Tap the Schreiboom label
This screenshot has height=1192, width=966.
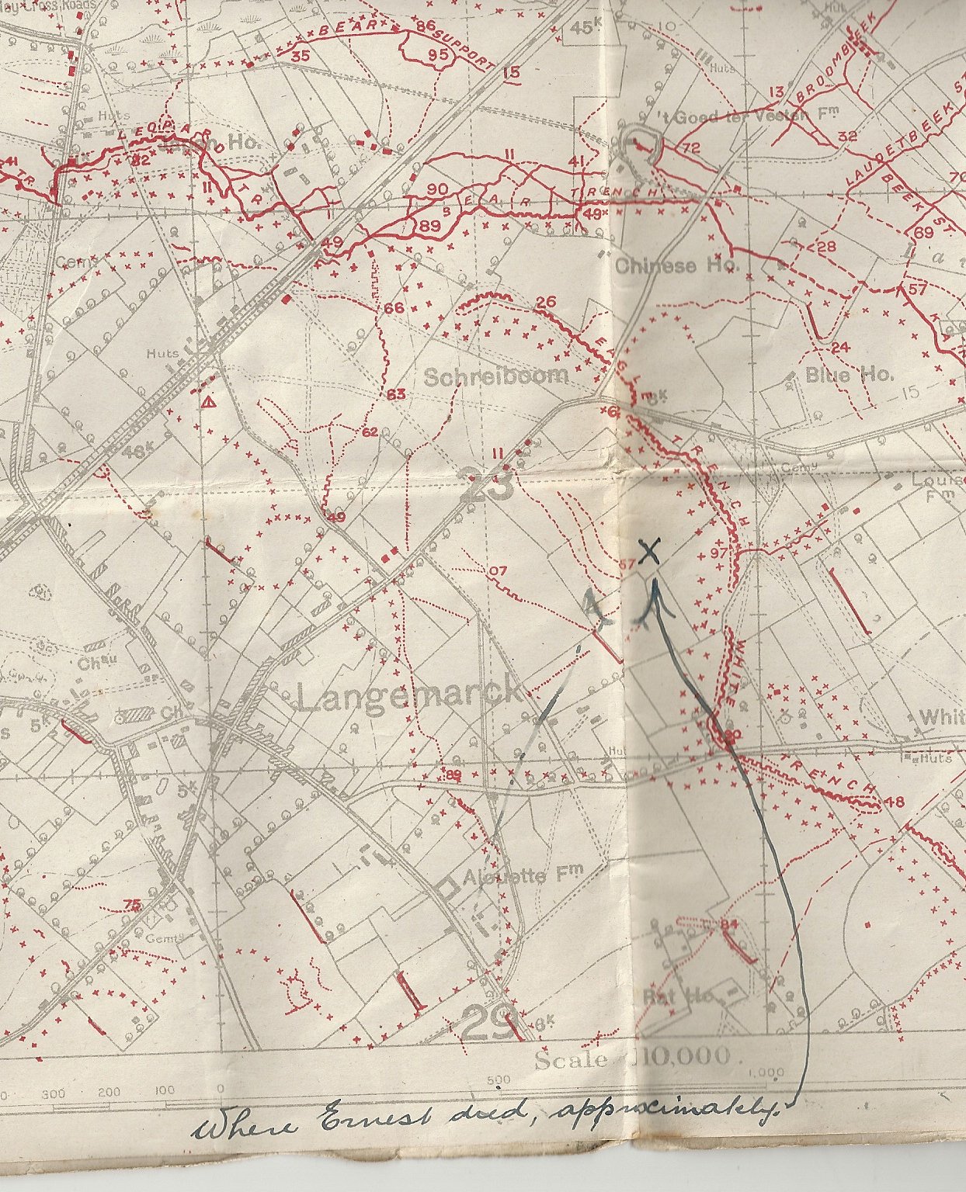click(x=496, y=376)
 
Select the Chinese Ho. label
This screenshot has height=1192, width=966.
click(x=678, y=265)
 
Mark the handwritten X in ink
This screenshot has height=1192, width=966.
click(x=650, y=552)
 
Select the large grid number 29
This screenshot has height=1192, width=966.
click(x=489, y=1022)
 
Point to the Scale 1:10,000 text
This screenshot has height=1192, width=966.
click(x=632, y=1058)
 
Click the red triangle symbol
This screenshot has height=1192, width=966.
click(x=208, y=402)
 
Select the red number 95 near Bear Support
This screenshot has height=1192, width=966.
click(x=438, y=54)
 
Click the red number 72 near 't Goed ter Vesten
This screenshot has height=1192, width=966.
click(x=690, y=147)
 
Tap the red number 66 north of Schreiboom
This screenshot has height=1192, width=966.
click(x=394, y=308)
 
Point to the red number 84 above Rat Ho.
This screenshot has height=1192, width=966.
click(x=728, y=924)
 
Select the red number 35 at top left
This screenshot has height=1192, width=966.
click(x=301, y=56)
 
